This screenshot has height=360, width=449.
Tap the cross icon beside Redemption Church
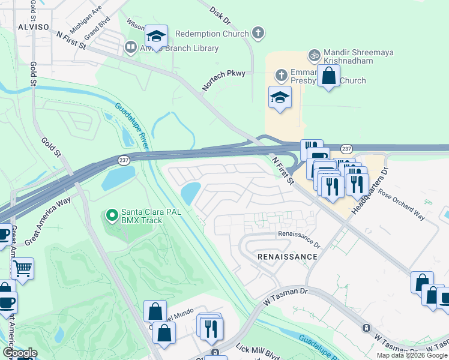258,34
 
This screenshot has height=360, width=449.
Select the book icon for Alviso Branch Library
130,47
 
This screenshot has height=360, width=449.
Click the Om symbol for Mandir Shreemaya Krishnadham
313,55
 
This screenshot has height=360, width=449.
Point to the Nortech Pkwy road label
223,82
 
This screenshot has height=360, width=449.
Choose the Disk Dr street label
220,16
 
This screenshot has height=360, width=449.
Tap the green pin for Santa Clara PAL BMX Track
111,214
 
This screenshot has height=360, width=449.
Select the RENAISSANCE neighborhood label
287,257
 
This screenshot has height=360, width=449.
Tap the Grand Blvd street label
95,27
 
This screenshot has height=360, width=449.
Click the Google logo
20,353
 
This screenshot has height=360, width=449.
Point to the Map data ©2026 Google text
412,355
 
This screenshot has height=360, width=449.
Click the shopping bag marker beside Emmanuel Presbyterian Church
328,76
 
